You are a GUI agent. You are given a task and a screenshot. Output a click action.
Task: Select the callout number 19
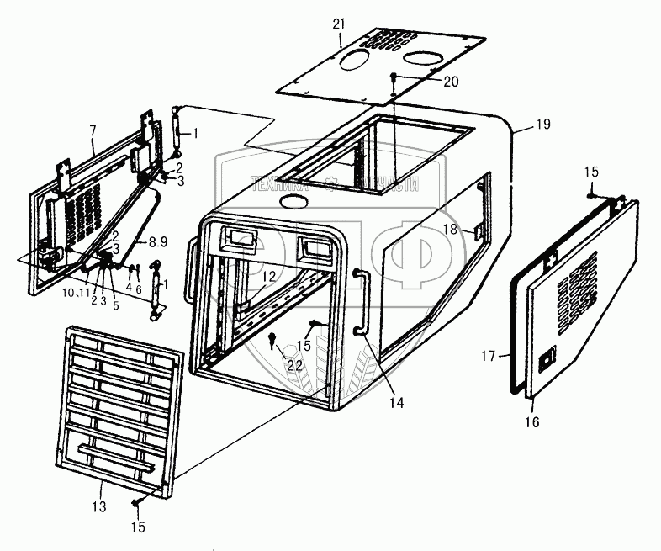(542, 125)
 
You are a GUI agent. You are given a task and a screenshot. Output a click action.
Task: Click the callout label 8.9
(157, 241)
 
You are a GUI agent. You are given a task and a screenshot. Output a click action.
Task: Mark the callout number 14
(395, 404)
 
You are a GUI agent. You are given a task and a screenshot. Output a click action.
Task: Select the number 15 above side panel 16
(591, 172)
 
